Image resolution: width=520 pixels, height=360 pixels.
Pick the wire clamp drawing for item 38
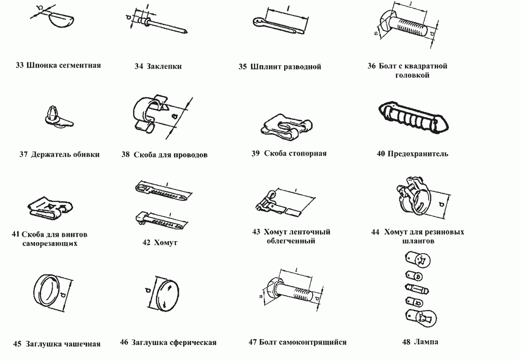(147, 113)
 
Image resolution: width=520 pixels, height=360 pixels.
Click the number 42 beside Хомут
(147, 243)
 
